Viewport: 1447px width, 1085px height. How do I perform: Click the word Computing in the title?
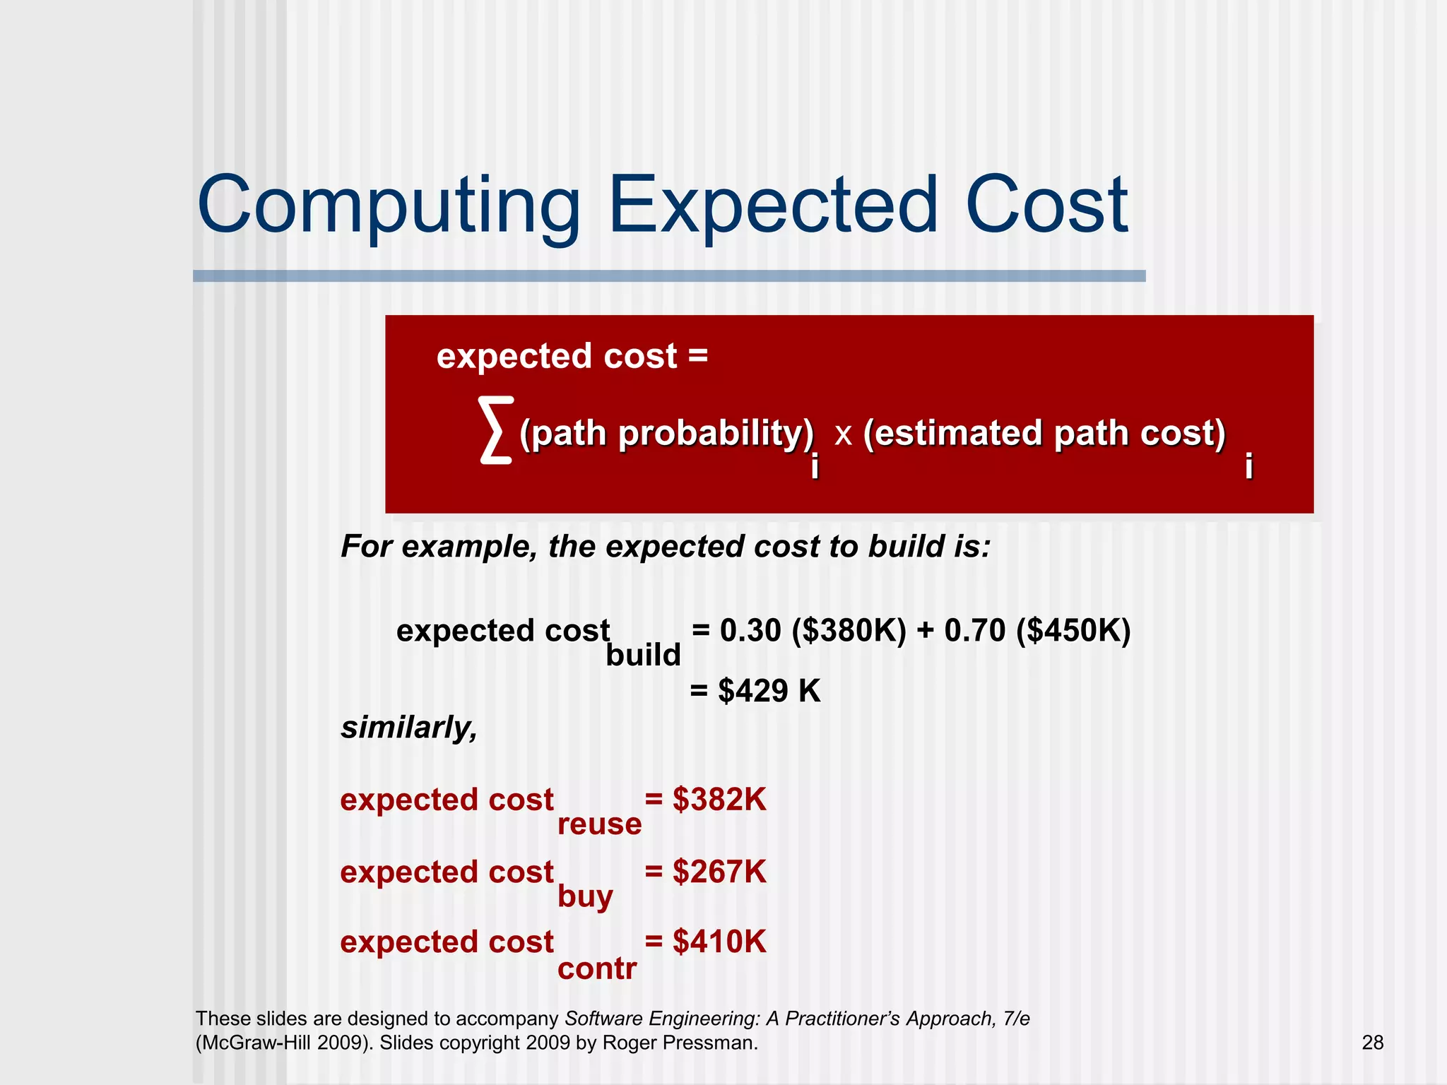tap(389, 206)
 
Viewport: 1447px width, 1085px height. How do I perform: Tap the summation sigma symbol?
tap(495, 430)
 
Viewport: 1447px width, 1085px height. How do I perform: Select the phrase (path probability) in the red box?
tap(666, 433)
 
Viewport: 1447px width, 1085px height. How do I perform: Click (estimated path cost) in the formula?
tap(1044, 433)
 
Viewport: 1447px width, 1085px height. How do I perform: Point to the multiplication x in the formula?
tap(843, 433)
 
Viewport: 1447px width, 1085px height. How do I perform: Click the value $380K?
tap(849, 631)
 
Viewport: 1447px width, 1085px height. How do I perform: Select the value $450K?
tap(1073, 631)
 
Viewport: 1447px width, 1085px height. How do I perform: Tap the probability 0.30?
tap(750, 631)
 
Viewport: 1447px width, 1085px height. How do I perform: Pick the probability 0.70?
tap(974, 631)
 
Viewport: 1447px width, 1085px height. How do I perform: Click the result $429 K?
tap(769, 691)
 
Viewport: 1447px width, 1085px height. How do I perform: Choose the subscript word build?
tap(643, 656)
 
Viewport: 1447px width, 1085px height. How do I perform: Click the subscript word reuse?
tap(599, 824)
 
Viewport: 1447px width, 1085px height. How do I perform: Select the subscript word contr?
tap(597, 968)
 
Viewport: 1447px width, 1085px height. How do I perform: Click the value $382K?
tap(719, 800)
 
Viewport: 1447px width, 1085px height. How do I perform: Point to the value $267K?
tap(719, 872)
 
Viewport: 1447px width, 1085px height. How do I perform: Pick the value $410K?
tap(719, 942)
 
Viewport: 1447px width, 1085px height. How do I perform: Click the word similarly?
tap(408, 728)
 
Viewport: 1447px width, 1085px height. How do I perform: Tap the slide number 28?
tap(1372, 1043)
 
